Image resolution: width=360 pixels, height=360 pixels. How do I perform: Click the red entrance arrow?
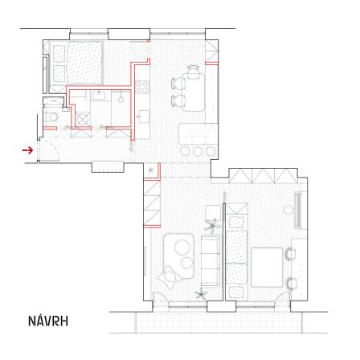point(27,150)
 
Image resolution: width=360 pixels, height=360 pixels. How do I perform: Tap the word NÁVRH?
point(48,321)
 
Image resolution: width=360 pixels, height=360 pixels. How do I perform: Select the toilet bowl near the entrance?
point(52,117)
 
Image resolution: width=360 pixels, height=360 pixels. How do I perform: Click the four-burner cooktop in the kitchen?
point(142,87)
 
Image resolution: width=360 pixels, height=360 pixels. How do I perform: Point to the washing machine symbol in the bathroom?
point(83,119)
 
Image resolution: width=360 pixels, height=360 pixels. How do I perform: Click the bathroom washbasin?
point(99,96)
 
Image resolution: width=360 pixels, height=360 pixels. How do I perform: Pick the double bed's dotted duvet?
point(84,62)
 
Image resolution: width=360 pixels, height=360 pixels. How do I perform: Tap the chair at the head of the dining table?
point(193,72)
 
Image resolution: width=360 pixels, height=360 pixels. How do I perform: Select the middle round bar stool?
point(198,151)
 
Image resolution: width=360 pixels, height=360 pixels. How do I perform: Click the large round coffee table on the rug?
point(182,247)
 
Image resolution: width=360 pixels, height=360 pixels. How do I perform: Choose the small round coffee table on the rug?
point(186,263)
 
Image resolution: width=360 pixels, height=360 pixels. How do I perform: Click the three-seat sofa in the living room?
point(211,260)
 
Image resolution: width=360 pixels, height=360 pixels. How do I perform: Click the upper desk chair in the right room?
point(290,254)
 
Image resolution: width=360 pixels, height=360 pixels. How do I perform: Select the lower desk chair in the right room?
point(291,283)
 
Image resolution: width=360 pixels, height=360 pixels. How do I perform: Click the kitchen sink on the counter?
point(144,117)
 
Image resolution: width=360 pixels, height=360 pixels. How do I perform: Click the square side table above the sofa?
point(213,213)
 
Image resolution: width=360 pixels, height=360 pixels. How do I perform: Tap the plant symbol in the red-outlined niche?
point(151,170)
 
